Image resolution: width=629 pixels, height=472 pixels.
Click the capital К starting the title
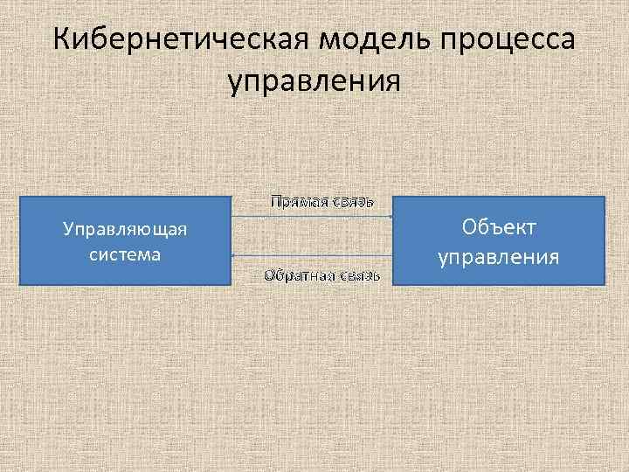tap(62, 41)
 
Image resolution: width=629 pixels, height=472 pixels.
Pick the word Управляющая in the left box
tap(125, 230)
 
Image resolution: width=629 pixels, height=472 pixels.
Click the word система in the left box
tap(125, 254)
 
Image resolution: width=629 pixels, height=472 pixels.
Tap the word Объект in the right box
tap(499, 227)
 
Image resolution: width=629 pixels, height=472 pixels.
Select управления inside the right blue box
tap(499, 258)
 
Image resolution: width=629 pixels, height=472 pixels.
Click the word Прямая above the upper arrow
tap(297, 202)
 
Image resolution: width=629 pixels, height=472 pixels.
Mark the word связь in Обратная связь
tap(358, 276)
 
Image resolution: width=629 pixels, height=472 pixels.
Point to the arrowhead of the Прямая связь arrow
tap(391, 215)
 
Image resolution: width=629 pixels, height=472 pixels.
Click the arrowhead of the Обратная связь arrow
tap(234, 255)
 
